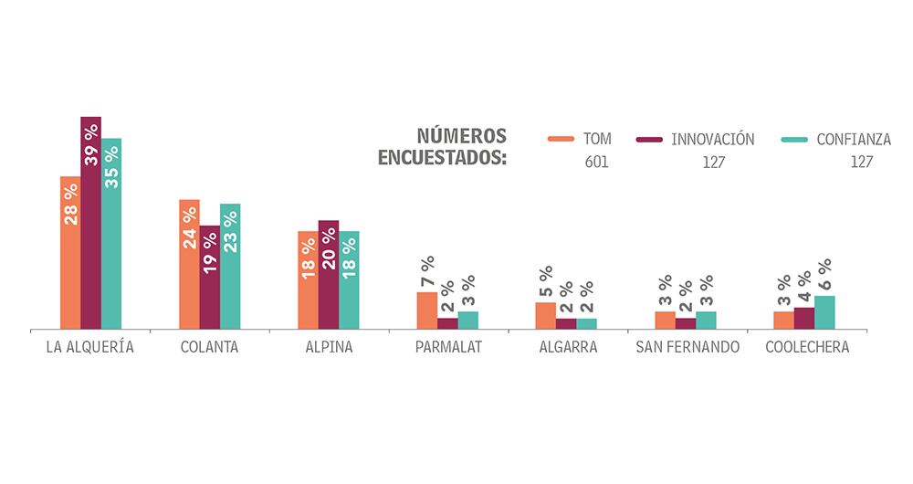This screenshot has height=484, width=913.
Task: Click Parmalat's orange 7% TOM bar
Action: (x=426, y=310)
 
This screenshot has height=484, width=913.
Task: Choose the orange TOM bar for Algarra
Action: (x=545, y=315)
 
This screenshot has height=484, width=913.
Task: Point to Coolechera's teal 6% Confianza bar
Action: (x=824, y=312)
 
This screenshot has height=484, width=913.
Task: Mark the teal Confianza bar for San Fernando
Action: (x=706, y=320)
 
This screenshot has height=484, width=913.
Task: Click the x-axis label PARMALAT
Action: (x=448, y=348)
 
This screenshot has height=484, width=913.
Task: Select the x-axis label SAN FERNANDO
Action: (x=687, y=348)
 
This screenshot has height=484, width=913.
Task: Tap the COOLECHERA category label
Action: (x=807, y=348)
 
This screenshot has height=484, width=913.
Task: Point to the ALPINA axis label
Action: (x=329, y=348)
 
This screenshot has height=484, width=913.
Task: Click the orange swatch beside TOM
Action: (x=560, y=140)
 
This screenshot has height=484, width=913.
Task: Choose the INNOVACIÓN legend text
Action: (x=712, y=140)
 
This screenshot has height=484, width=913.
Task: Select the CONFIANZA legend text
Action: (x=854, y=140)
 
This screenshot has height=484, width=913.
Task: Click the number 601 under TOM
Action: (x=596, y=163)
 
